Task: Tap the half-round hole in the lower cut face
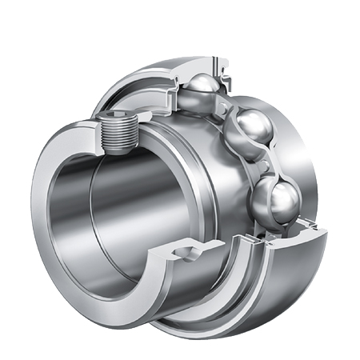(183, 254)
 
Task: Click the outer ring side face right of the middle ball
(308, 152)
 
